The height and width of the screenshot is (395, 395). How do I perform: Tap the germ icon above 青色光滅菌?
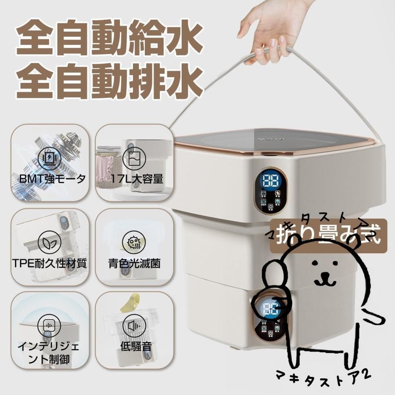pos(131,242)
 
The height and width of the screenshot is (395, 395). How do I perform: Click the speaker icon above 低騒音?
pos(132,326)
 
